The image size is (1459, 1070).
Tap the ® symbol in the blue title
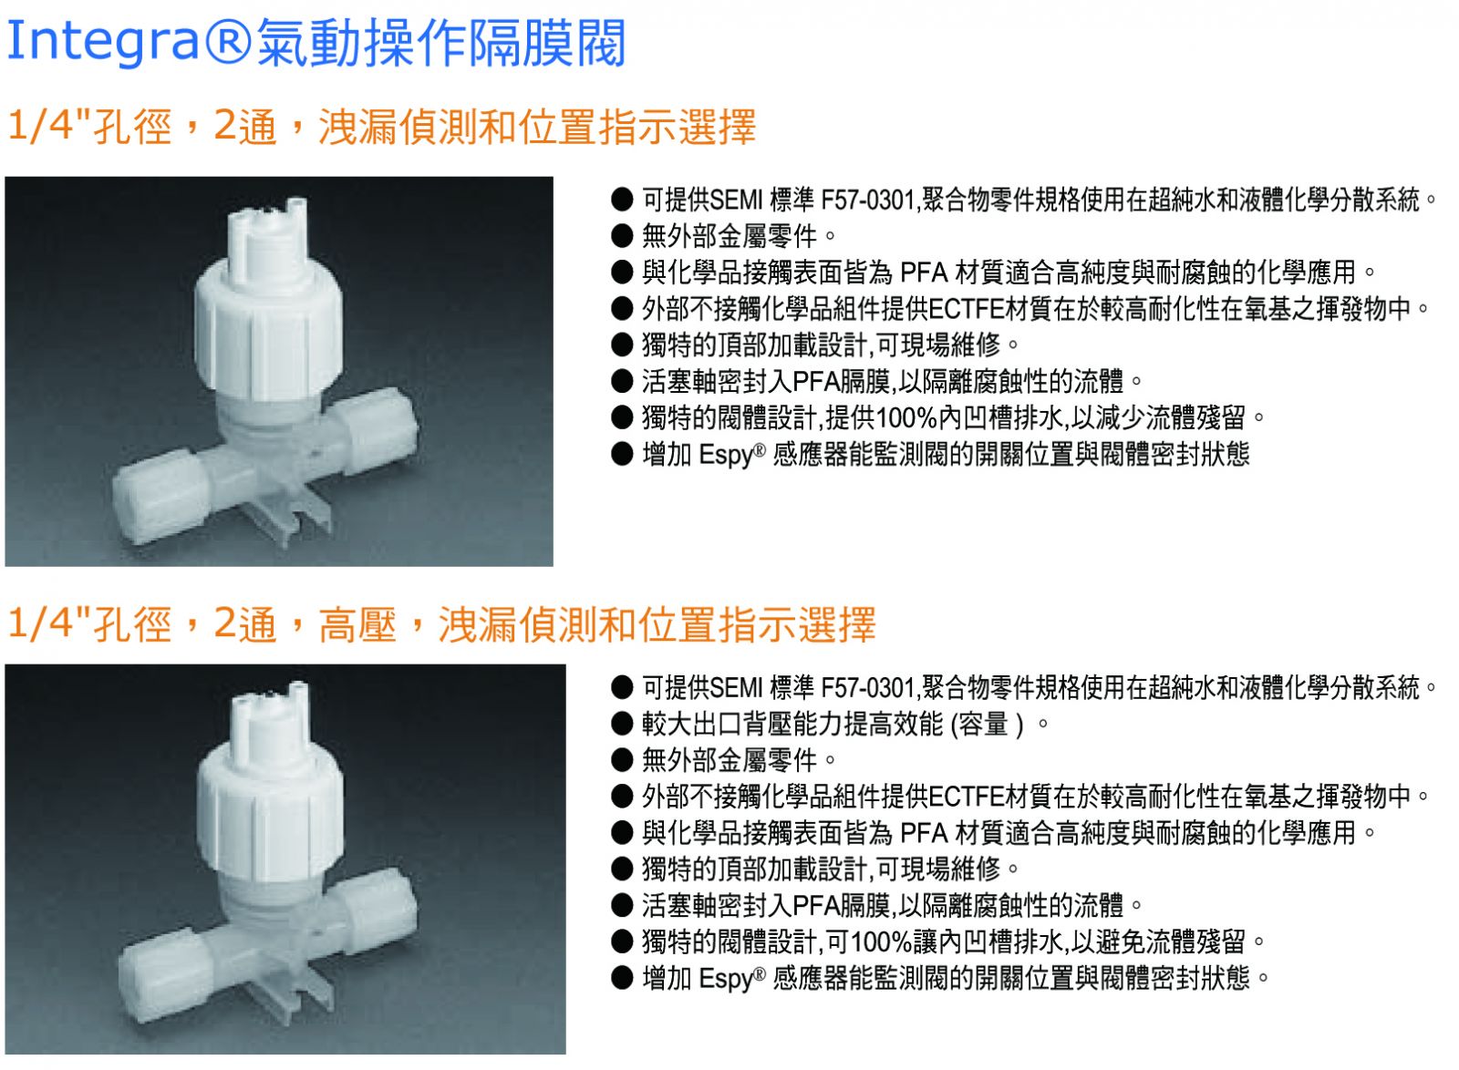(228, 42)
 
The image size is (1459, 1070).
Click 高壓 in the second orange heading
(357, 625)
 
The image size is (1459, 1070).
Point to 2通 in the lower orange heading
(245, 624)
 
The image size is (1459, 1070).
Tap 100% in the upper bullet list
(906, 417)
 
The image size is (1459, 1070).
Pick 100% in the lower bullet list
(881, 941)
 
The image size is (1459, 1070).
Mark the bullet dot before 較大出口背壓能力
(622, 724)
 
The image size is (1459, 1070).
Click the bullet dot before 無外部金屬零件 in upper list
(622, 236)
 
